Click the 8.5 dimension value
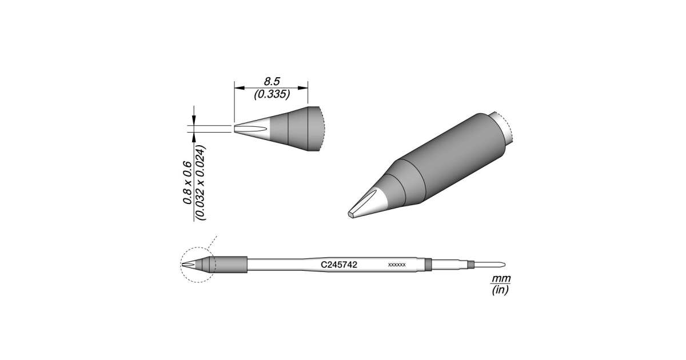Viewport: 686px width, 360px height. (272, 82)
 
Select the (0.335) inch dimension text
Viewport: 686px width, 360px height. (272, 94)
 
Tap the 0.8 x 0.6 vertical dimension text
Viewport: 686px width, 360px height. (187, 183)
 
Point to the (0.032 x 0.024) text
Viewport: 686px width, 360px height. (201, 182)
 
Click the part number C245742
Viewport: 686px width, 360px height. (338, 265)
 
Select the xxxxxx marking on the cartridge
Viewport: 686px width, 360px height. (397, 265)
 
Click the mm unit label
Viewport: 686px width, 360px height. (501, 279)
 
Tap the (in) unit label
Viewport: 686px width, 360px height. (500, 290)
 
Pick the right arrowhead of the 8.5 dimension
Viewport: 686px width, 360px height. (303, 88)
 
